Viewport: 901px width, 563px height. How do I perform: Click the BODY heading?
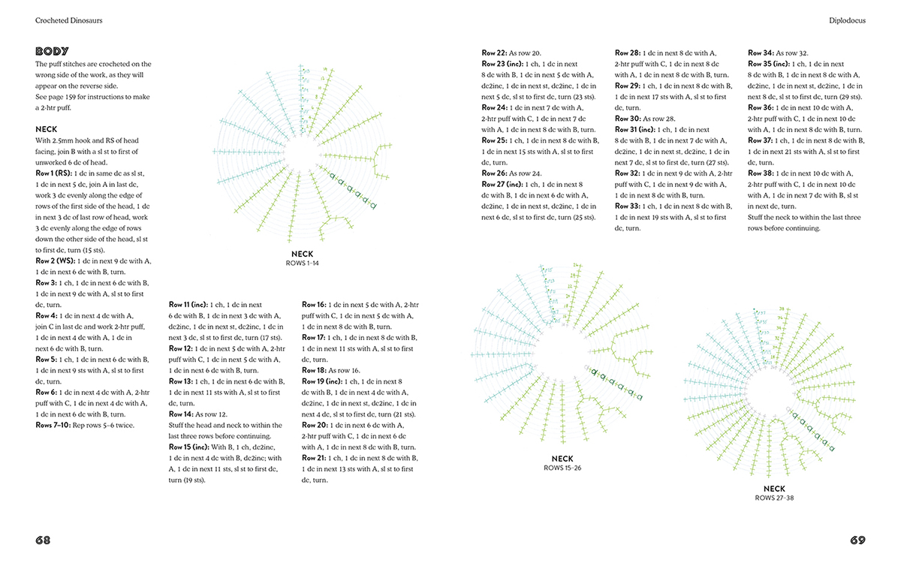(x=53, y=52)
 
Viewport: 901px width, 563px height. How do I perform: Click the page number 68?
(x=43, y=540)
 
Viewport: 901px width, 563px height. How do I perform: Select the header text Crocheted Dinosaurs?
(x=68, y=21)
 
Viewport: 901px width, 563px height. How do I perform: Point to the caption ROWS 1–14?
(x=303, y=263)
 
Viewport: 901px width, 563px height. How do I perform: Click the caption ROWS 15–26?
(x=562, y=468)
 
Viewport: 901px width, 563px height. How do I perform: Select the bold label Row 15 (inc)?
(x=191, y=447)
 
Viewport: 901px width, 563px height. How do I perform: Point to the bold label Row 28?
(x=628, y=53)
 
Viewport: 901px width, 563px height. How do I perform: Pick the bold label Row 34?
(x=761, y=53)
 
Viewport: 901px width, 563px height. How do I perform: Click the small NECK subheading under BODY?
(x=47, y=129)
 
